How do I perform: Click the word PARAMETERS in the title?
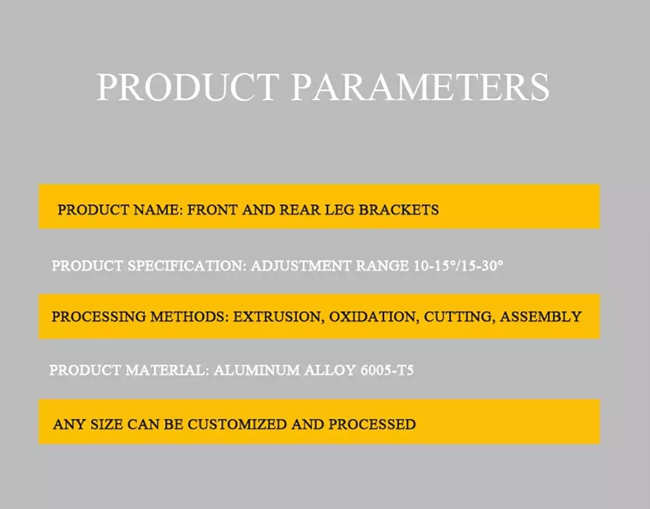[421, 87]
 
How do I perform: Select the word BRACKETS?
[398, 210]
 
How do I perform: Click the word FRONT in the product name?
[213, 210]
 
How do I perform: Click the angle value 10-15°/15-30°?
[458, 266]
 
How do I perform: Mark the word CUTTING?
[460, 317]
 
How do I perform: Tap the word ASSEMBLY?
[541, 317]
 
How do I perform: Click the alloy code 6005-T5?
[387, 370]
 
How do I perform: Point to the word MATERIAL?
[168, 370]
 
